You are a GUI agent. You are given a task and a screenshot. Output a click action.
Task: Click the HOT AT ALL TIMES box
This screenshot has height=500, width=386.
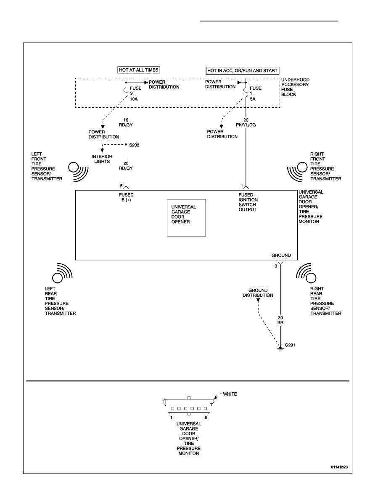point(139,70)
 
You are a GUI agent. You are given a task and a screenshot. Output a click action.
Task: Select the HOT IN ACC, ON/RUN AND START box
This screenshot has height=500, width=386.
point(242,70)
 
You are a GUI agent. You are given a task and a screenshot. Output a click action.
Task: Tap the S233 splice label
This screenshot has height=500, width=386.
point(134,145)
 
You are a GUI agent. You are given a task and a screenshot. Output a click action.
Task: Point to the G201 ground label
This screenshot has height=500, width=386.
point(290,345)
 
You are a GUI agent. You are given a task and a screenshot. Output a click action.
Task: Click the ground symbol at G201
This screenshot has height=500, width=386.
point(280,349)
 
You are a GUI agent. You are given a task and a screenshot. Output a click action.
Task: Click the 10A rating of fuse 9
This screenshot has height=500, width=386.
point(134,99)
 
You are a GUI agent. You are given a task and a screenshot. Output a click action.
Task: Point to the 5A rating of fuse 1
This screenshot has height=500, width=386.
point(253,99)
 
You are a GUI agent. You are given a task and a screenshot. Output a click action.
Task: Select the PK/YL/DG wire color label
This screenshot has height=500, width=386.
point(246,125)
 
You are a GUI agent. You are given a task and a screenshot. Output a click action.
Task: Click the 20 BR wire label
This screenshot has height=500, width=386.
point(280,320)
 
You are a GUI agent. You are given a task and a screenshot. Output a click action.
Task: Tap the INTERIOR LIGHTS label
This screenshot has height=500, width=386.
point(102,159)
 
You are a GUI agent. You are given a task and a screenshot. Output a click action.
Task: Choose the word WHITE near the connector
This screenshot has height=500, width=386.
point(230,394)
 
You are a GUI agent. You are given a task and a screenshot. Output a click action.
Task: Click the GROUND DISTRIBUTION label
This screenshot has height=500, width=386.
point(258,293)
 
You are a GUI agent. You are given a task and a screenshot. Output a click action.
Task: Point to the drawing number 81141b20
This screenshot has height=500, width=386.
point(339,467)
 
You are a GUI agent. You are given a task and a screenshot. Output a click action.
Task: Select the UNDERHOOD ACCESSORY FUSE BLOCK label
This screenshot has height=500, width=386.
point(295,87)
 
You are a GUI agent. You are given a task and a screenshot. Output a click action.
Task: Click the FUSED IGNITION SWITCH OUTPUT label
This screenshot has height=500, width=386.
point(248,202)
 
